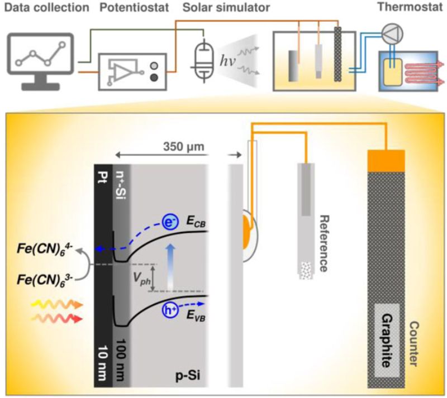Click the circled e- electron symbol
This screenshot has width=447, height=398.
pos(171,222)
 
